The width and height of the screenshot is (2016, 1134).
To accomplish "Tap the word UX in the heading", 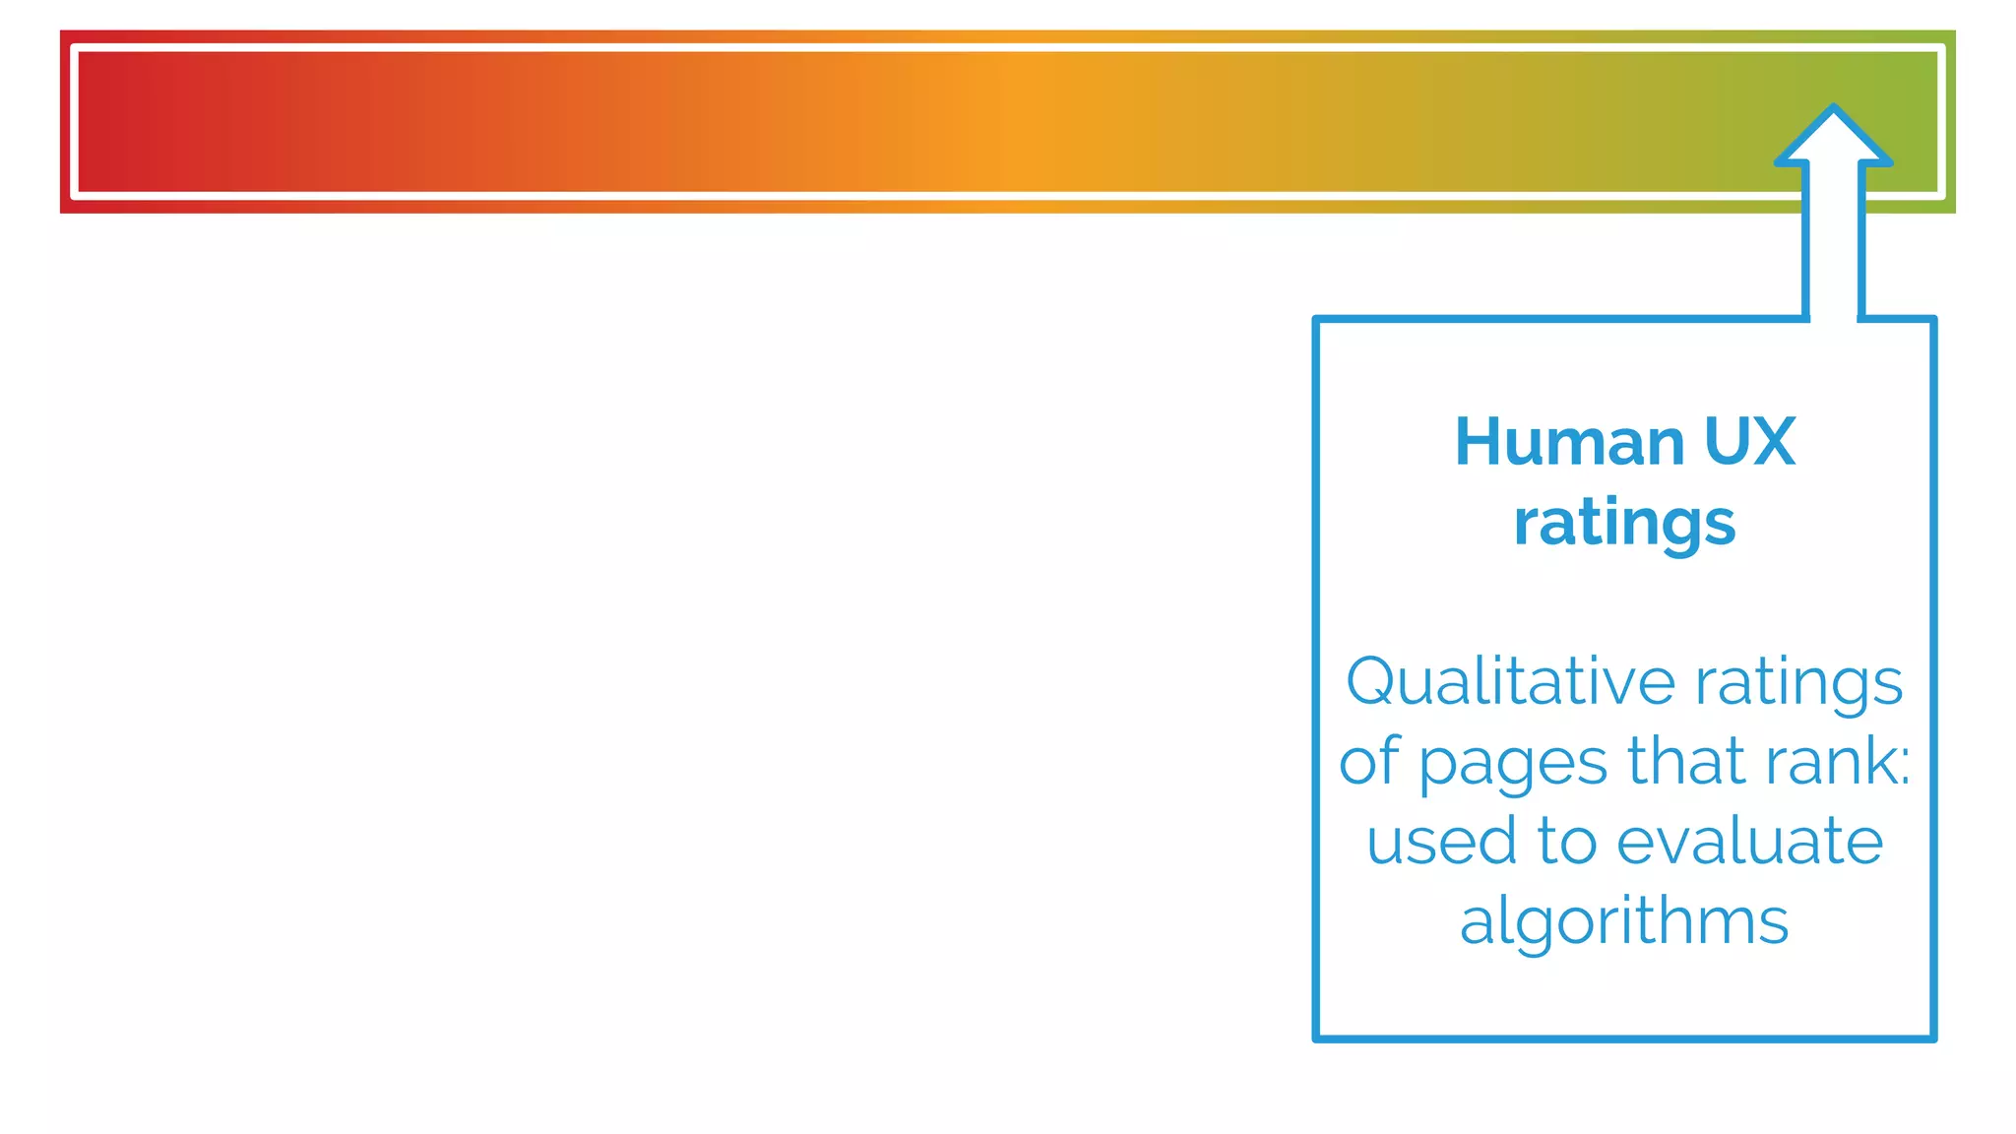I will click(1749, 442).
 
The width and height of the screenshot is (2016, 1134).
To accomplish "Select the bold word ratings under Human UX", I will click(1624, 525).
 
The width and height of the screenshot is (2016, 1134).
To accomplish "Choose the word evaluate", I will click(1749, 842).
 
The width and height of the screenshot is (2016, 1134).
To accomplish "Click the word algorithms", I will click(1624, 923).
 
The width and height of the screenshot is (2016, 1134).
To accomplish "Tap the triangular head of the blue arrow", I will click(1833, 138).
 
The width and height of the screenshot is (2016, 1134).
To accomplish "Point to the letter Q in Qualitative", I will click(1374, 681).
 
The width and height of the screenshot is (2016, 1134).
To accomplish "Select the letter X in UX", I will click(1773, 442).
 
